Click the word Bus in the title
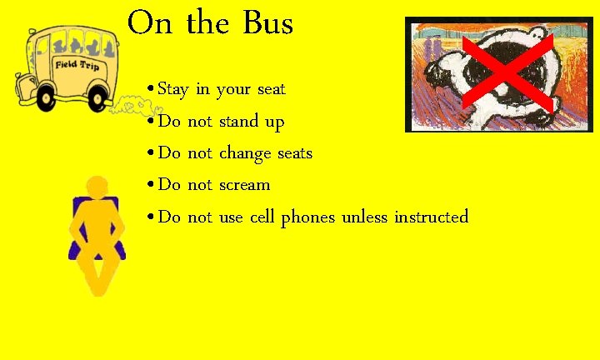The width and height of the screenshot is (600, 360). coord(267,23)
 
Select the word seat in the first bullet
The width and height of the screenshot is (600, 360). coord(271,89)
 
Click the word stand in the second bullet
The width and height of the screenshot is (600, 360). coord(238,122)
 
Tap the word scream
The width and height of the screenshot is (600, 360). coord(244,185)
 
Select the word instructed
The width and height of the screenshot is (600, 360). coord(431,217)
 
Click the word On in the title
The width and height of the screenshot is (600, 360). coord(151,23)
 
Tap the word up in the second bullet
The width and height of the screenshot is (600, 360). coord(275,123)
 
